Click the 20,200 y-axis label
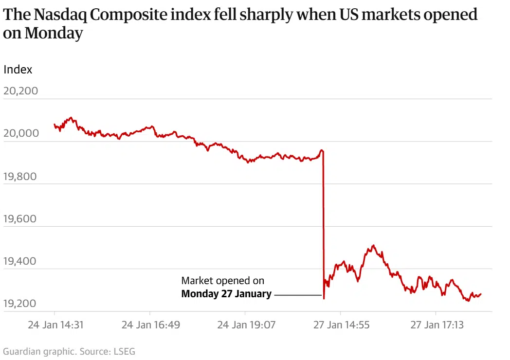point(20,91)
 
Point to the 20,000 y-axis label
point(20,133)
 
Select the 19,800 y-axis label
point(20,176)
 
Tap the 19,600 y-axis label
point(20,218)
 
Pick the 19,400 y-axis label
point(20,261)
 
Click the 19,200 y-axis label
point(20,304)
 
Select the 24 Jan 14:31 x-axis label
point(55,324)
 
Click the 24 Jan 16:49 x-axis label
point(150,324)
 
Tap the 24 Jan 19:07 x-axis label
point(246,324)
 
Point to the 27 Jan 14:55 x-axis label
point(341,324)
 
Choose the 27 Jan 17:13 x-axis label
point(437,324)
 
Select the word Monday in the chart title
point(54,34)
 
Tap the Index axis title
point(18,70)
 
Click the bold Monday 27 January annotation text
point(226,294)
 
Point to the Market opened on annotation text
point(223,281)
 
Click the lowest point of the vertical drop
point(324,298)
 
